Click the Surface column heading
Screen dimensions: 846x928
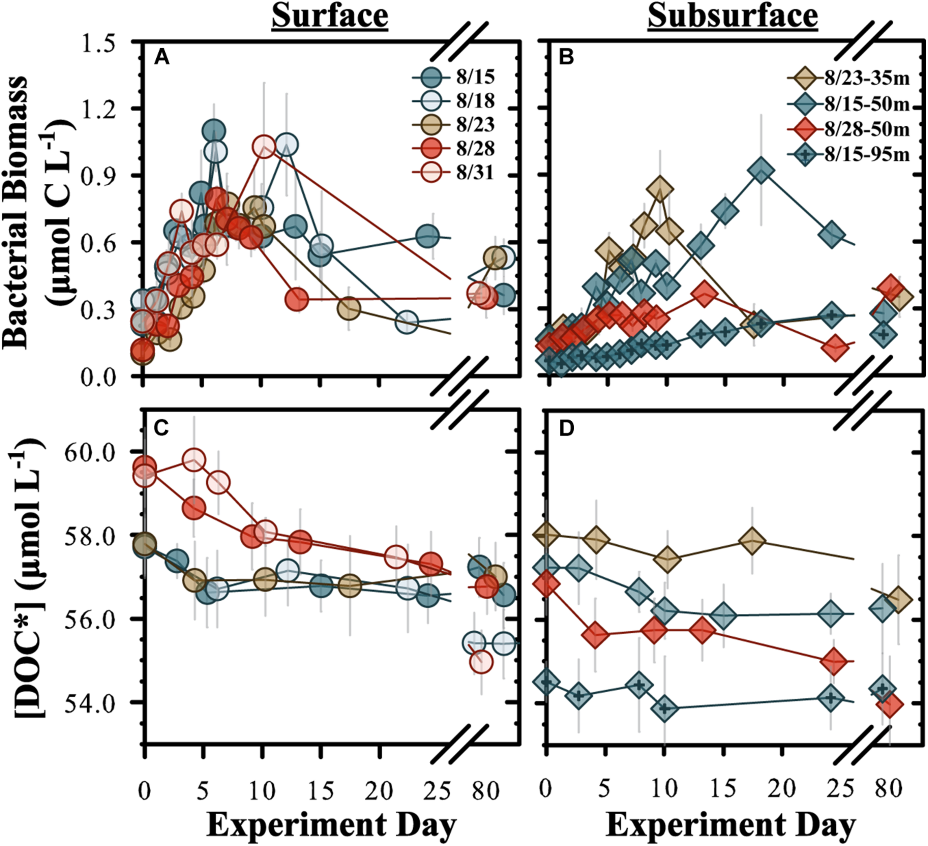(x=330, y=17)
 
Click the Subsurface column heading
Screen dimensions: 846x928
(x=732, y=17)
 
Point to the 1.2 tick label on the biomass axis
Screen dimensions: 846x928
(x=102, y=109)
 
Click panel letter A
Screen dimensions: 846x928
(x=161, y=58)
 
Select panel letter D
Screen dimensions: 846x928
(x=566, y=429)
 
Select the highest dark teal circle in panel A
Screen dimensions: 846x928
(x=213, y=131)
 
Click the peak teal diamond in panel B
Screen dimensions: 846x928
(x=761, y=171)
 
